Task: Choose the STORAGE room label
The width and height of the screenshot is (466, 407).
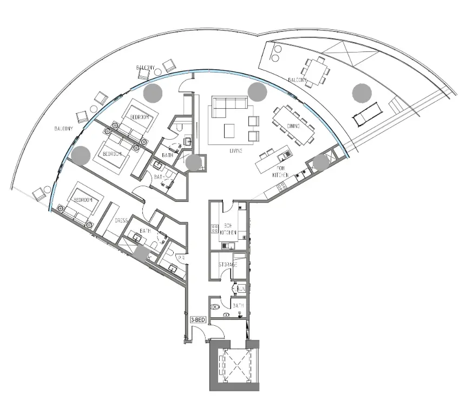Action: (227, 265)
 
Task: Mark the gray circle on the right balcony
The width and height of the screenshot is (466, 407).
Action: (362, 93)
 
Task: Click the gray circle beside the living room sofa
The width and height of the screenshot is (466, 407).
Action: (257, 92)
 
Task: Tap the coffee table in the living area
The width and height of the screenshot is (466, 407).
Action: (229, 130)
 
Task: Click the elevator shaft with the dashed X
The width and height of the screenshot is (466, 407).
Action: (235, 366)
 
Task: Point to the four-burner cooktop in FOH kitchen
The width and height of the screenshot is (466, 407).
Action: (281, 187)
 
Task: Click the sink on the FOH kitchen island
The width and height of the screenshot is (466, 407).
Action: (281, 157)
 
